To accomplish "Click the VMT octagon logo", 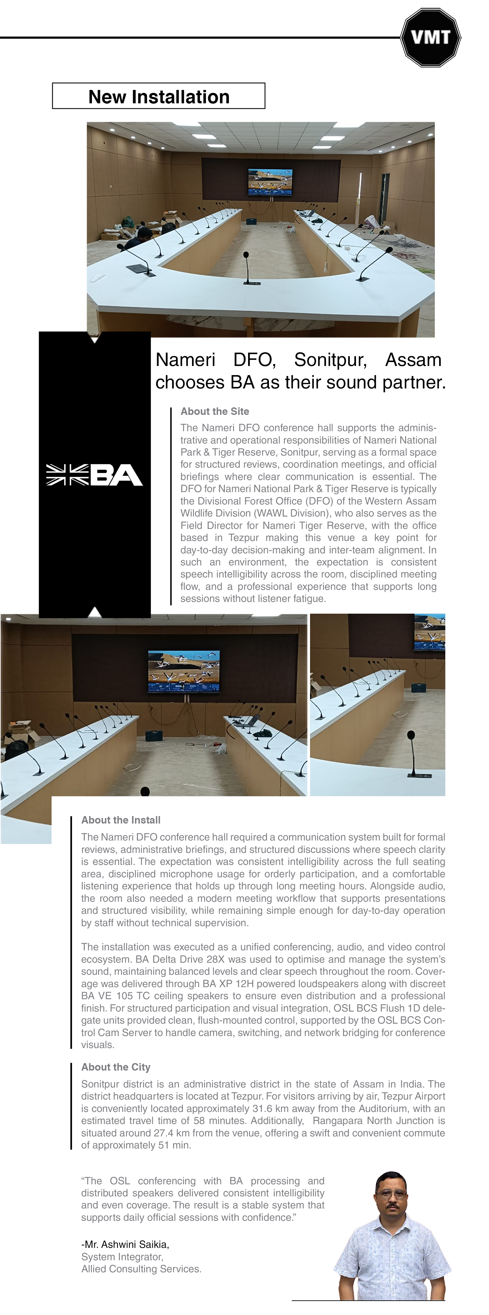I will (x=430, y=37).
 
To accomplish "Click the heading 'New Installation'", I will (x=159, y=96).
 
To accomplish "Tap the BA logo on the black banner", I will (x=95, y=475).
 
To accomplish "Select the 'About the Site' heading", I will (x=215, y=412).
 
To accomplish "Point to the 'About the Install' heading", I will (x=121, y=820).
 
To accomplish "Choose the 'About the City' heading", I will (x=115, y=1067).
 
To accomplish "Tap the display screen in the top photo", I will (x=271, y=182).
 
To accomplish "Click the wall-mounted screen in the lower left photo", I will (x=184, y=671).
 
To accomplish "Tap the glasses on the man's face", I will (x=391, y=1194).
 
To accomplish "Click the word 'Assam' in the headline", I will (x=413, y=360).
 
